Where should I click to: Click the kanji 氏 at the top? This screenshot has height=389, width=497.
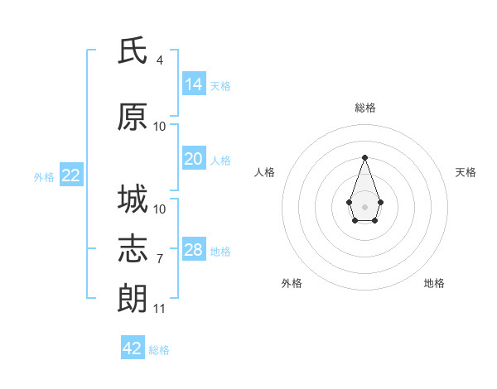(133, 50)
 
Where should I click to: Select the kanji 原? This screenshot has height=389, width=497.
(133, 117)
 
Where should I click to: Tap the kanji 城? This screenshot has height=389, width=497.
(133, 199)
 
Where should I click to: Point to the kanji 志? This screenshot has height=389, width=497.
(133, 249)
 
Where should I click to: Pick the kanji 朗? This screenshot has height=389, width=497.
(133, 299)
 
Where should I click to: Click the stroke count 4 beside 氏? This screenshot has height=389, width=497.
(160, 60)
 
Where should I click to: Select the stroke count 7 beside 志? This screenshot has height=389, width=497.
(160, 259)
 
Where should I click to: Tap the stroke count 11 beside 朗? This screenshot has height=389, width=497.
(159, 309)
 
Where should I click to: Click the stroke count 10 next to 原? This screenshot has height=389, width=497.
(159, 127)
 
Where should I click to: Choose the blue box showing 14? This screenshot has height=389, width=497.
(194, 84)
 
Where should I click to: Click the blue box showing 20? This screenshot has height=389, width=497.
(194, 158)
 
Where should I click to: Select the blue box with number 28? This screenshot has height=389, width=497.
(194, 248)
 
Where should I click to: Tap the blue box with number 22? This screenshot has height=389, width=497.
(71, 175)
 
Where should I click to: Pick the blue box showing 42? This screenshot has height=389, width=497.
(133, 347)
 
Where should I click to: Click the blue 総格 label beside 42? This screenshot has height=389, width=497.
(159, 350)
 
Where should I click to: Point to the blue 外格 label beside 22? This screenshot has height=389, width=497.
(44, 177)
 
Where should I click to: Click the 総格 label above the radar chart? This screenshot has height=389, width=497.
(365, 108)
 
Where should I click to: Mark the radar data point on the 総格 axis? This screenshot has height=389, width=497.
(364, 157)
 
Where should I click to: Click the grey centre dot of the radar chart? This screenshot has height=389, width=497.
(364, 207)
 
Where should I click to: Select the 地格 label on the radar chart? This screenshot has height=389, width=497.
(434, 283)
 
